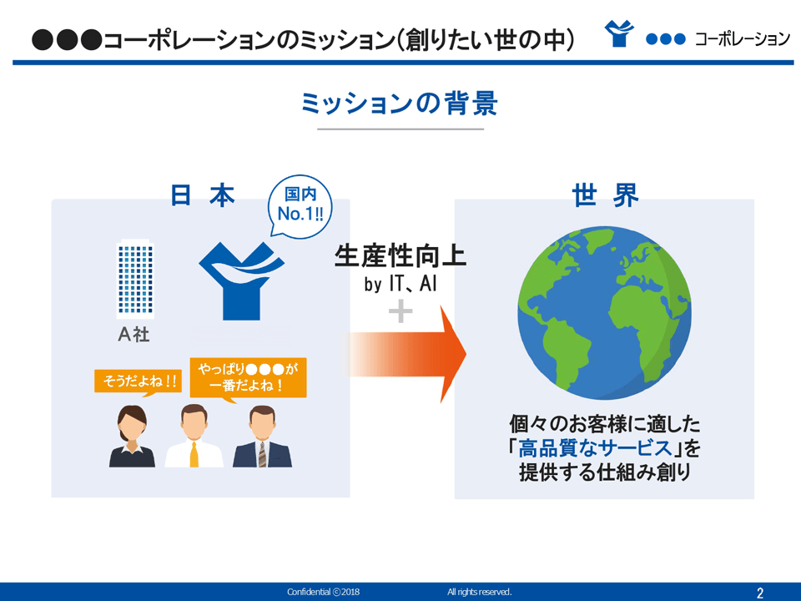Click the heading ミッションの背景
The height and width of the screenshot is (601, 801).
[400, 104]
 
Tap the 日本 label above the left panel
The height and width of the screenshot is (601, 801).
[203, 195]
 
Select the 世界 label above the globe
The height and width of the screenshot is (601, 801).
[605, 195]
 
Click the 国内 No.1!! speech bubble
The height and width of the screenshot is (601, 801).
[300, 206]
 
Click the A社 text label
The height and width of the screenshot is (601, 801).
[133, 334]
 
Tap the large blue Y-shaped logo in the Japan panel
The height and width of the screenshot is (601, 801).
[241, 280]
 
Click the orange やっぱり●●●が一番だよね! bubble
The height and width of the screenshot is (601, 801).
[248, 377]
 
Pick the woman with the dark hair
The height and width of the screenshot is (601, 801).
[132, 436]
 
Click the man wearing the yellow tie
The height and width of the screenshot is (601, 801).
[194, 436]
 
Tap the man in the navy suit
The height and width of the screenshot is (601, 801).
[262, 437]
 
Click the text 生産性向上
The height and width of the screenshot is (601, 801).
[400, 256]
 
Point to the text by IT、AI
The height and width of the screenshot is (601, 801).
[400, 284]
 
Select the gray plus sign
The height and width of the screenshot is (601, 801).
[400, 311]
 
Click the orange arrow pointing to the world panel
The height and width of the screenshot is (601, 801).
[408, 354]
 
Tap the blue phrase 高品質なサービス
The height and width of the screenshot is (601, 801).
[595, 448]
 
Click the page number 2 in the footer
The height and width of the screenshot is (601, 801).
[760, 593]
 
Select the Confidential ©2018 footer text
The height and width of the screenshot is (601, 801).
[324, 592]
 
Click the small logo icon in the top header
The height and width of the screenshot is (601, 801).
[619, 33]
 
